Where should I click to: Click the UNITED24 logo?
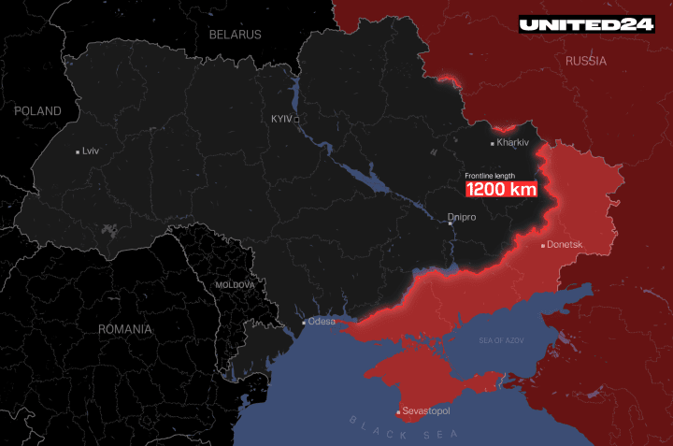(587, 24)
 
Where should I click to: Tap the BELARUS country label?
(236, 34)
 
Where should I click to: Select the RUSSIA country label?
(586, 61)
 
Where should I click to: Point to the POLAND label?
(37, 111)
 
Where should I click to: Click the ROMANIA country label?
(125, 329)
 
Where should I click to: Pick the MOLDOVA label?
(235, 284)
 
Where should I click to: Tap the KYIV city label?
(280, 120)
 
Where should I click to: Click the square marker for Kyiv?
(296, 120)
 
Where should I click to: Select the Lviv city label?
(91, 151)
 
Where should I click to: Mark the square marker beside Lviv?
(78, 151)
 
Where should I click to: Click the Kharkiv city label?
(513, 142)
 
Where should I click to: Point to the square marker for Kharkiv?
(493, 143)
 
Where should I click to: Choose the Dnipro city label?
(462, 217)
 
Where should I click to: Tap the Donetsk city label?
(566, 245)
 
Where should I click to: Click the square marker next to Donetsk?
(543, 246)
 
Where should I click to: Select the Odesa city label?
(322, 322)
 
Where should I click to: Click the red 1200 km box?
(502, 188)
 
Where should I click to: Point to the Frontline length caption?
(490, 175)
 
